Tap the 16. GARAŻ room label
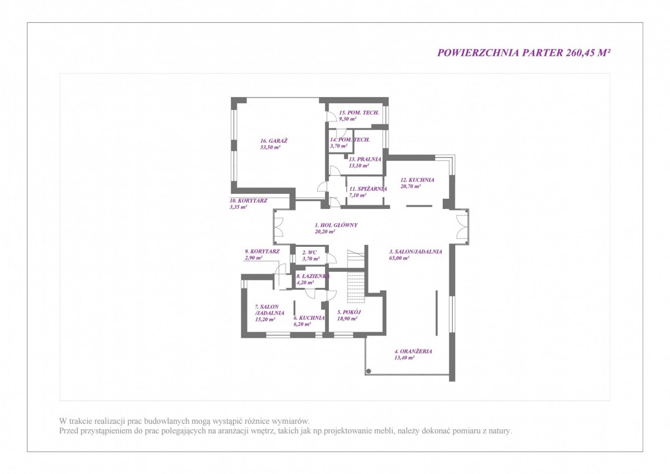click(x=274, y=141)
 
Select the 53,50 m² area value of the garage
click(x=270, y=147)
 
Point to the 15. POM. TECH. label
click(x=359, y=112)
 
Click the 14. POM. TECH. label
click(x=350, y=140)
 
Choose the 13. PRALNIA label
click(x=365, y=159)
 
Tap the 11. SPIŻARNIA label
click(x=368, y=189)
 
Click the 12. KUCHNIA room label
click(x=417, y=180)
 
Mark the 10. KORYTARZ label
click(x=248, y=200)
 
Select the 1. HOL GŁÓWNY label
click(x=336, y=225)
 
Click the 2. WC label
click(x=309, y=252)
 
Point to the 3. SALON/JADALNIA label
click(x=415, y=252)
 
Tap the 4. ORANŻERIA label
click(x=413, y=351)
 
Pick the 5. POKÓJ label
click(x=349, y=312)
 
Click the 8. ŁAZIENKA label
click(x=313, y=276)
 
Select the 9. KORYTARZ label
click(x=262, y=251)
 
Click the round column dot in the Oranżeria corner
click(x=369, y=371)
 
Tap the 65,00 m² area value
click(x=399, y=258)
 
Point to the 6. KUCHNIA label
click(x=309, y=318)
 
